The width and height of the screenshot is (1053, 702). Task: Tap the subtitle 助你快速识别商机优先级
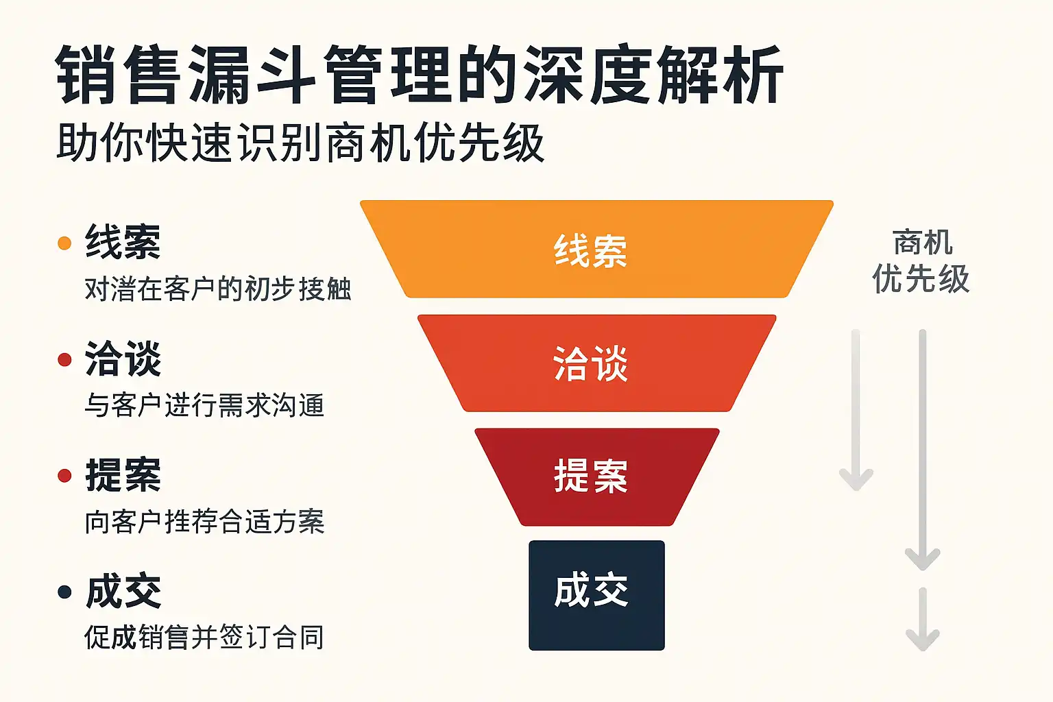click(x=300, y=143)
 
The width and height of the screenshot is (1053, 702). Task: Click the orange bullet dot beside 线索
click(x=64, y=243)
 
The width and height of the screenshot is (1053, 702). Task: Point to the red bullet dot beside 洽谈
click(x=64, y=360)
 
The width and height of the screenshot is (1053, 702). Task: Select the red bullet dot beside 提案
click(x=64, y=476)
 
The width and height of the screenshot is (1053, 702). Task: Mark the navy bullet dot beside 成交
click(x=64, y=592)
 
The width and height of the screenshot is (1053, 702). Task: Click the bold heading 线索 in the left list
click(x=123, y=242)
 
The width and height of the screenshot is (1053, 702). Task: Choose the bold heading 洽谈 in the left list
click(x=123, y=359)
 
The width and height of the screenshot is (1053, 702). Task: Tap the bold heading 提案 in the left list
click(x=123, y=475)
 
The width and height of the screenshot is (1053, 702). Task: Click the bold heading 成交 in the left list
click(x=123, y=592)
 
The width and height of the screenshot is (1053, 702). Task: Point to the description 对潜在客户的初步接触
click(x=217, y=289)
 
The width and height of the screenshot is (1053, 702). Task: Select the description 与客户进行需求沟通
click(x=204, y=405)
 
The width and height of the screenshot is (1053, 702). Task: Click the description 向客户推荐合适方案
click(x=204, y=522)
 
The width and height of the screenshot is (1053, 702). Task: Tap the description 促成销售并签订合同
click(x=204, y=638)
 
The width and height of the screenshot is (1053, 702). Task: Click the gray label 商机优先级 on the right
click(x=921, y=261)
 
